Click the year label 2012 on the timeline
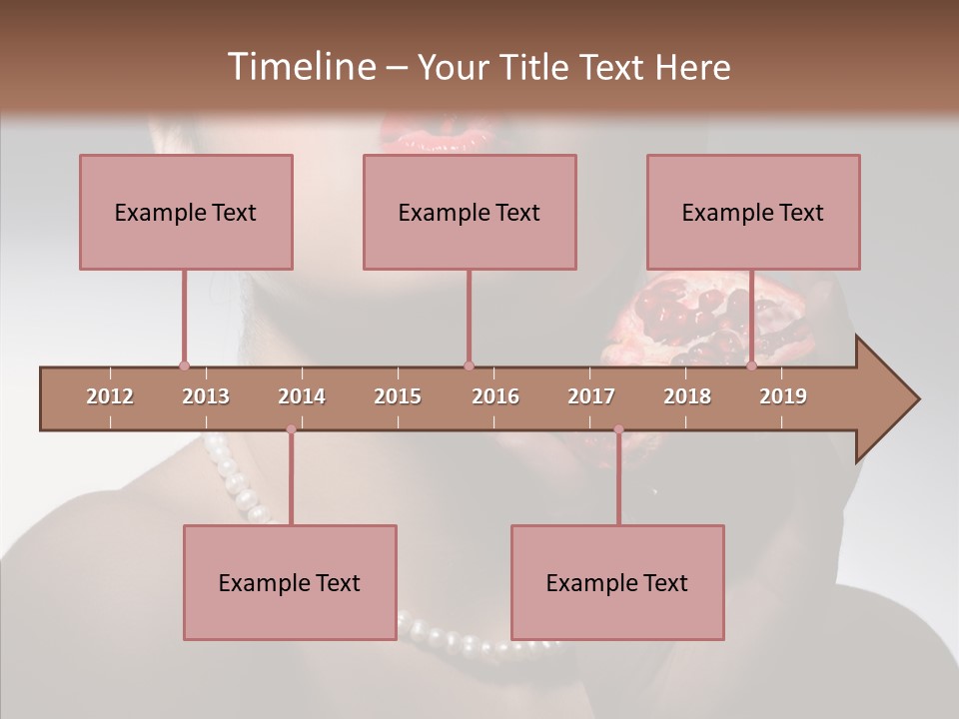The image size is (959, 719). [110, 396]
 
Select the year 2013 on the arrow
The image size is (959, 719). [206, 396]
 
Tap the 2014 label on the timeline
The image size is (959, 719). [302, 396]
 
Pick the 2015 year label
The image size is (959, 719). [398, 396]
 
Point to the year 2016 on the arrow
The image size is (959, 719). [495, 396]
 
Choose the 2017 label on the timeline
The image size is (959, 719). [591, 396]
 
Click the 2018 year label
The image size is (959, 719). [687, 396]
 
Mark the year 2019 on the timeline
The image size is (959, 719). [783, 396]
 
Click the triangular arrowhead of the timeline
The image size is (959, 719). [885, 399]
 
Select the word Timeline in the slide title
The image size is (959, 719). [300, 67]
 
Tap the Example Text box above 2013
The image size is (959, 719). [186, 212]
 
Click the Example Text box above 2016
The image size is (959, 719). [470, 212]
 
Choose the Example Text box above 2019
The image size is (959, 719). [753, 212]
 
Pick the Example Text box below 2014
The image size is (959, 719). [290, 582]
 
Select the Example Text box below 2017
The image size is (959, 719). [617, 582]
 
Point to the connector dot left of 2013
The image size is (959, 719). [184, 366]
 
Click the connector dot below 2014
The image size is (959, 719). [291, 429]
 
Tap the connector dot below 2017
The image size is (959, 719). [618, 429]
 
